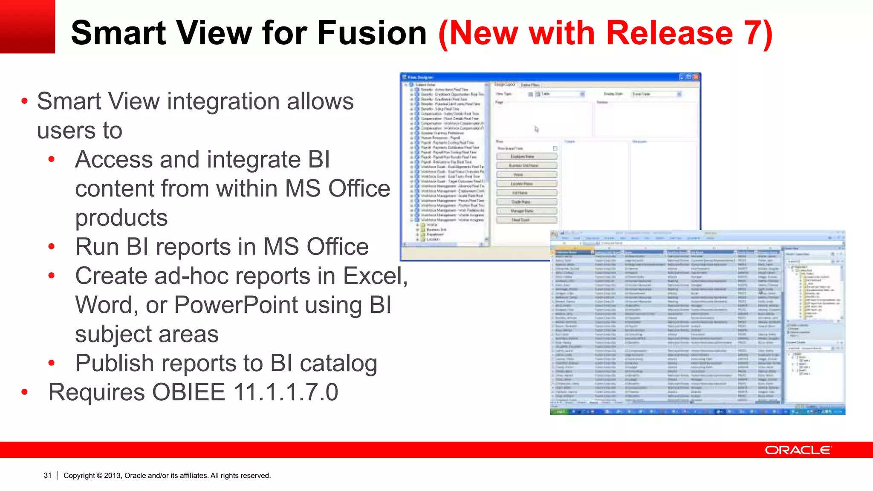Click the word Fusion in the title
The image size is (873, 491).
[x=372, y=33]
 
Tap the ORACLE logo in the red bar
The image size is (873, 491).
[x=798, y=450]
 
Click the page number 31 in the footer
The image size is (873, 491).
[x=47, y=475]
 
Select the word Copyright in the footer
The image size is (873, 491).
[x=79, y=476]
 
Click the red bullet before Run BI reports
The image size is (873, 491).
[x=52, y=246]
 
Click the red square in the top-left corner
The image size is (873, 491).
[x=27, y=26]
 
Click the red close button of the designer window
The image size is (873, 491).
[x=696, y=77]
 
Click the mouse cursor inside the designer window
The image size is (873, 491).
[x=536, y=129]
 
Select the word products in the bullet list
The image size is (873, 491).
[x=121, y=218]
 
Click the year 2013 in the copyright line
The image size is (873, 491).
[x=113, y=476]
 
